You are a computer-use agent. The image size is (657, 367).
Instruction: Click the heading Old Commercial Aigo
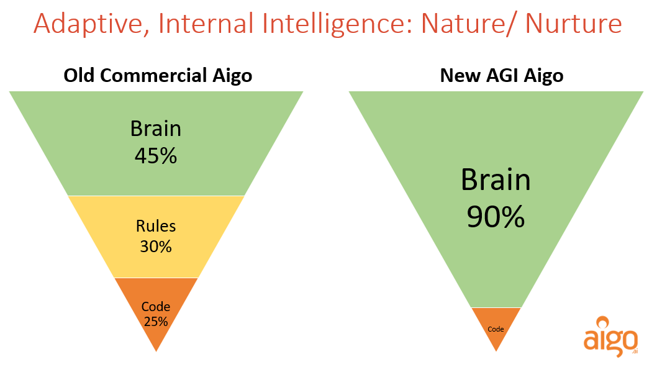point(158,76)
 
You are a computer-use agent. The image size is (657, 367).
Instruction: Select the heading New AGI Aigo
point(502,76)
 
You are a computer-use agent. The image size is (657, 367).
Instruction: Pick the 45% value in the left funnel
point(156,155)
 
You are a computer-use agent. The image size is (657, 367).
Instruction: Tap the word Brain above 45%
point(156,129)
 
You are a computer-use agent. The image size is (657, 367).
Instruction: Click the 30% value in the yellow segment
point(156,247)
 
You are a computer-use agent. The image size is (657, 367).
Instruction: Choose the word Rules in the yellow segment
point(156,227)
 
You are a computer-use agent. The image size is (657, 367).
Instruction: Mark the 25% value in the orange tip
point(155,321)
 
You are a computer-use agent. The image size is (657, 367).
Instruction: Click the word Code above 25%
point(155,306)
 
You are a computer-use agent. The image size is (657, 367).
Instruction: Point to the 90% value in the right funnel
point(496,217)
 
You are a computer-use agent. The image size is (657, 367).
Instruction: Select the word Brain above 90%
point(496,181)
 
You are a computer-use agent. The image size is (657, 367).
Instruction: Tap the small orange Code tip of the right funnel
point(496,329)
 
